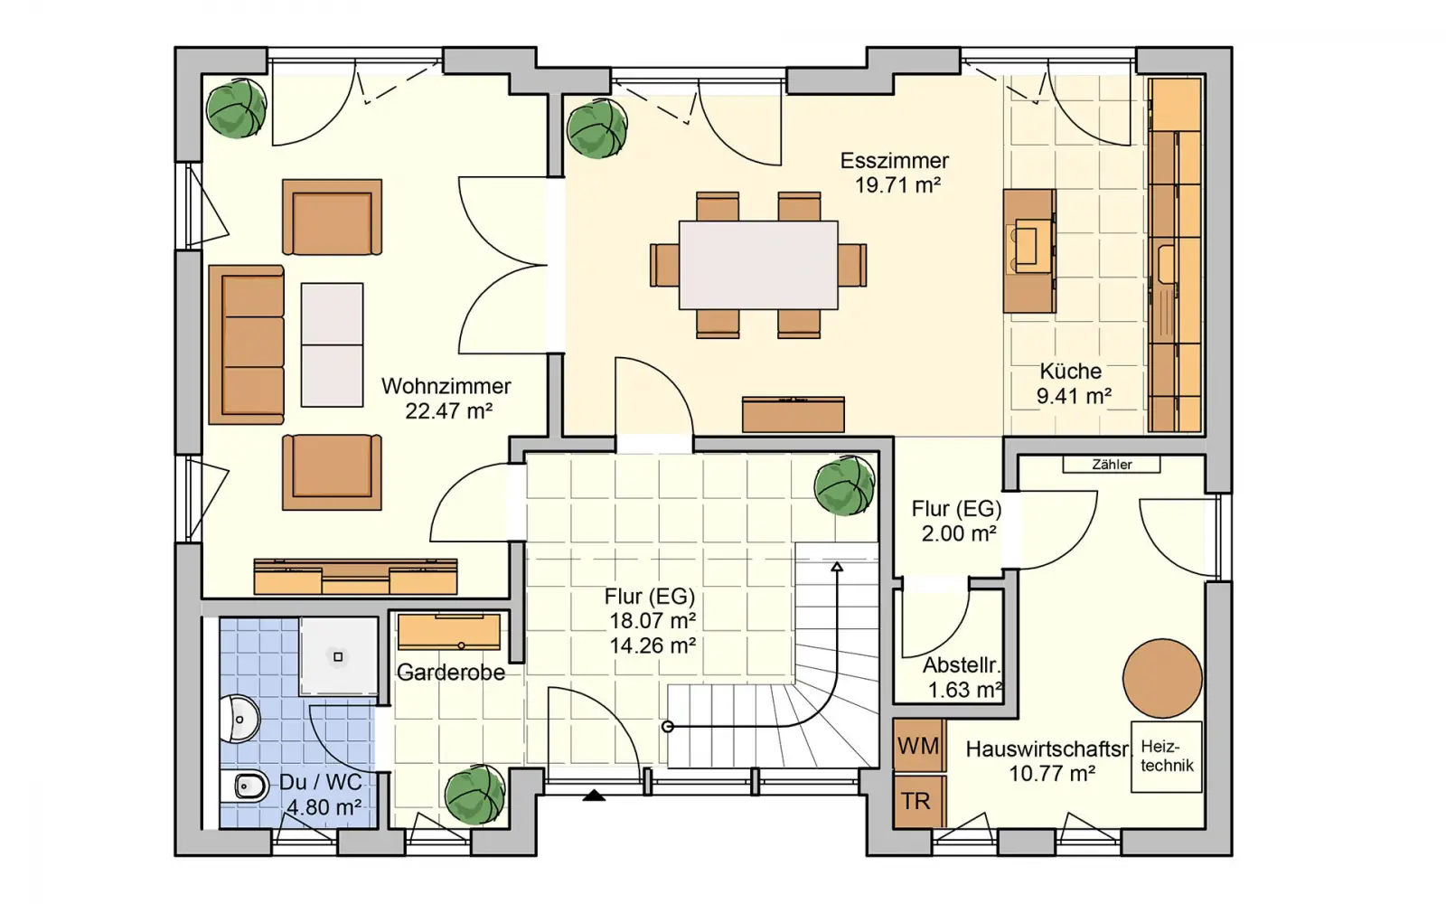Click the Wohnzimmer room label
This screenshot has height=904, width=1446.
point(446,386)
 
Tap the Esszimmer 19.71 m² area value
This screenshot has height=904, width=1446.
point(897,185)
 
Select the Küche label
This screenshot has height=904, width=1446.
point(1070,372)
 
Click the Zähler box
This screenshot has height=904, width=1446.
point(1112,465)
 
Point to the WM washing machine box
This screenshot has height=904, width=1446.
point(918,746)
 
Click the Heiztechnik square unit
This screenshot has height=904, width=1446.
point(1167,757)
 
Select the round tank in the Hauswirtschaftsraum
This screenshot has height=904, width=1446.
point(1162,679)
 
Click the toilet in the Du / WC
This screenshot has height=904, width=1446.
point(243,786)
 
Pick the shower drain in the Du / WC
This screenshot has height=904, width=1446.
point(338,656)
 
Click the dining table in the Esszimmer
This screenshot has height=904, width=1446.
point(758,265)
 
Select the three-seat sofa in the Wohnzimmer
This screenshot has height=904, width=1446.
point(247,344)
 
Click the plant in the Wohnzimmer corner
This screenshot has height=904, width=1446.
point(236,108)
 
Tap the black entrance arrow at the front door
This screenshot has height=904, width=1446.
point(594,796)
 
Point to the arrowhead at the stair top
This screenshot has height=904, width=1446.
point(837,567)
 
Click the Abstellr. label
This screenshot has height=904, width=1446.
point(962,665)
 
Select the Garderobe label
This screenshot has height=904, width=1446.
point(451,673)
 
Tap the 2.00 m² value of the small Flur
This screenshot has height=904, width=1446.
point(959,534)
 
